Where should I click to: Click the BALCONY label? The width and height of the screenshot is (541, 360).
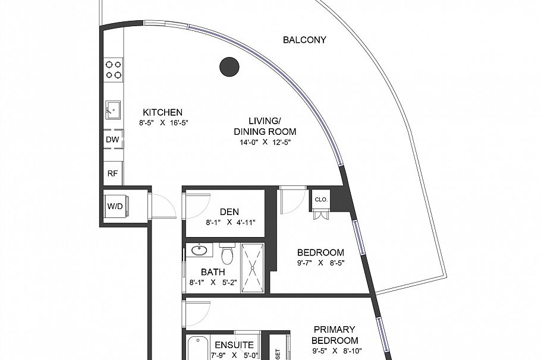pos(304,40)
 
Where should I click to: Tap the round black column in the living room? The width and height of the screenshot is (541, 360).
pos(229,67)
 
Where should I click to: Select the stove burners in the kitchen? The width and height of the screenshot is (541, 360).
pos(113,70)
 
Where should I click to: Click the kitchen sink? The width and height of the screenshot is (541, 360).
pos(113,110)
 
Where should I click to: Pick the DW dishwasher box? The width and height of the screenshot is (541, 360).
pos(112,140)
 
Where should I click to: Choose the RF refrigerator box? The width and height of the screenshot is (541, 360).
pos(112,173)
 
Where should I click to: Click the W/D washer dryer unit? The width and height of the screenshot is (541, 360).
pos(114,207)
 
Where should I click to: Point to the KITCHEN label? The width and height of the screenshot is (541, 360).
pos(162,112)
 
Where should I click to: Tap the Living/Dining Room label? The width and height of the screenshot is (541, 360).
pos(265,127)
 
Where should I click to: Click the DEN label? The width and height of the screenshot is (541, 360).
pos(229,212)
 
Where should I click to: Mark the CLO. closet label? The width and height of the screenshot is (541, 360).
pos(321,200)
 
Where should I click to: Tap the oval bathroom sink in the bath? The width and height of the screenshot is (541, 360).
pos(200,251)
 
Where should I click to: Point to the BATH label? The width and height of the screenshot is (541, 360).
pos(212,272)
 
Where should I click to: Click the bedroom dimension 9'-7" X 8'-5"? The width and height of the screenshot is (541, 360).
pos(321,263)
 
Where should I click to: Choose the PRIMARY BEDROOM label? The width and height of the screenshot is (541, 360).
pos(334,335)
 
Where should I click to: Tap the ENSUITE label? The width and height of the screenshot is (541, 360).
pos(234,345)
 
